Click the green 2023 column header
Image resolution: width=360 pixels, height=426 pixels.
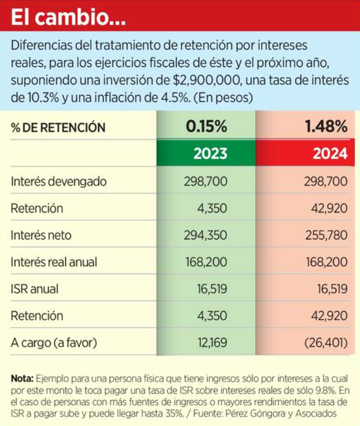point(210,154)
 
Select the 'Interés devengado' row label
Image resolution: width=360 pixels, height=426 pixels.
point(58,181)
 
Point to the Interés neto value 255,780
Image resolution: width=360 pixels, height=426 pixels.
point(327,235)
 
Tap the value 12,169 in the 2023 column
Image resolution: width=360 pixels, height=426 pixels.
point(211,343)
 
